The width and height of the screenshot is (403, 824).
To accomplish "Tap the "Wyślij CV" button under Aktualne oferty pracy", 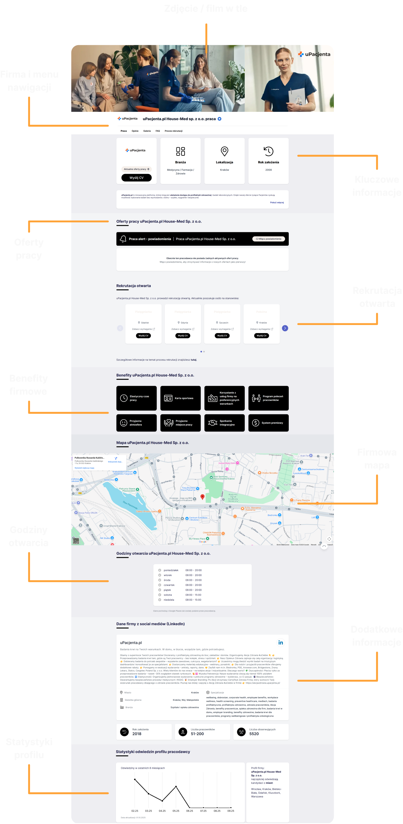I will pos(136,178).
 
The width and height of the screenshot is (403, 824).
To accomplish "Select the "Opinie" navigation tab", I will pos(135,131).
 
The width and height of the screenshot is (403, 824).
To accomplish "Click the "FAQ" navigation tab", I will pos(158,131).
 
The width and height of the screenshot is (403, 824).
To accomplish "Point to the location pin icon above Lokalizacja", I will pos(225,151).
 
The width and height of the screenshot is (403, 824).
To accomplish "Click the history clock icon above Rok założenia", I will pos(268,151).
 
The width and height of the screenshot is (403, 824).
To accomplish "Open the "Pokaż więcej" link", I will pos(277,203).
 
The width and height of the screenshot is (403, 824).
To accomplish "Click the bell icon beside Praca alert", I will pos(123,239).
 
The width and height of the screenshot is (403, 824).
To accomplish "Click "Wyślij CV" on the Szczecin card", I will pos(222,336).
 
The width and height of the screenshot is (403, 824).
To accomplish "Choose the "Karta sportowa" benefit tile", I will pos(180,398).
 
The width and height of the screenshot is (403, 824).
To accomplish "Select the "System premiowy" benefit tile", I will pos(268,423).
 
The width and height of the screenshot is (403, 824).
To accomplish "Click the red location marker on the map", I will pos(202,497).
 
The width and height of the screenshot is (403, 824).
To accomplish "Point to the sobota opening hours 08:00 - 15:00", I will pos(194,595).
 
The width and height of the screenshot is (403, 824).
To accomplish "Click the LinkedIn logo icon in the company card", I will pos(281,643).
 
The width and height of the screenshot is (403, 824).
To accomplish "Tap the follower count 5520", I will pos(254,734).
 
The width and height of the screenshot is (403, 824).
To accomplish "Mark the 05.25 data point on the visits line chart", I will pos(176,786).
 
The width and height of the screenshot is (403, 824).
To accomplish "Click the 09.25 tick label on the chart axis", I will pos(230,811).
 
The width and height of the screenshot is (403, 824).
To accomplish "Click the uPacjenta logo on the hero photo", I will pos(314,54).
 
